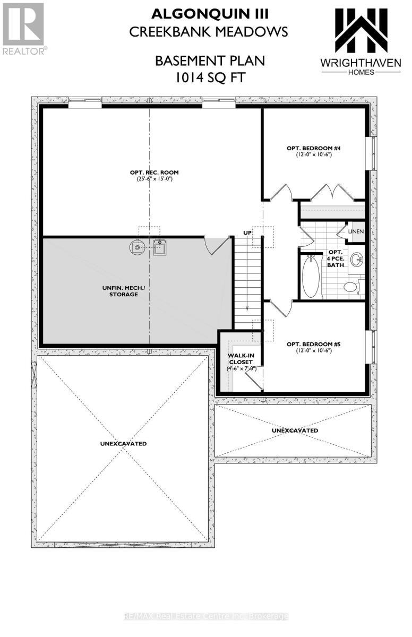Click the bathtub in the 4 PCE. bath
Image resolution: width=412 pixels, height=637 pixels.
point(310,276)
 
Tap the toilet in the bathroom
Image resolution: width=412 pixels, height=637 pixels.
point(351,287)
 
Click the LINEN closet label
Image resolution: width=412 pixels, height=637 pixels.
point(356,232)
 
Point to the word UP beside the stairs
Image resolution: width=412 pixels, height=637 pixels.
point(247,233)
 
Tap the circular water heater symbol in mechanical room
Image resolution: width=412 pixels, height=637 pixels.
point(137,246)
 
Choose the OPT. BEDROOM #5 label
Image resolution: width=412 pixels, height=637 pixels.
point(314,344)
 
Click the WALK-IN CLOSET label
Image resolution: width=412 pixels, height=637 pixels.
point(242,359)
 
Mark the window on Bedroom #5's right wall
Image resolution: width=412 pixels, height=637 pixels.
point(373,348)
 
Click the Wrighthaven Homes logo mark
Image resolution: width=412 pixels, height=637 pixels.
point(360,30)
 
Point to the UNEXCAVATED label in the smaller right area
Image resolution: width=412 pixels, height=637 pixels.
point(295,430)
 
